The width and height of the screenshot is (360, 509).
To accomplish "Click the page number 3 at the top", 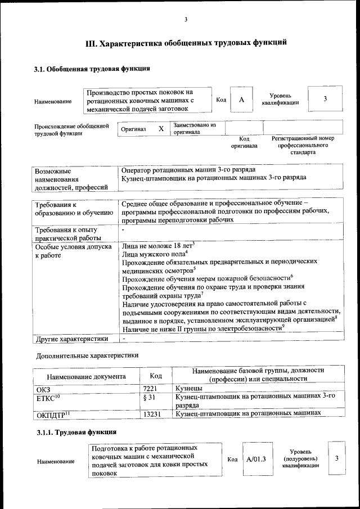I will (x=186, y=21).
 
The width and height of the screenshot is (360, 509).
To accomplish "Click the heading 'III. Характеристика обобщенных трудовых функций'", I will (x=186, y=43).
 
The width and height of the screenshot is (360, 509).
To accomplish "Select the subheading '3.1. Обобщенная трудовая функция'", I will (x=92, y=69).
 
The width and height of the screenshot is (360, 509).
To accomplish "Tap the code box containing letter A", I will (x=241, y=100).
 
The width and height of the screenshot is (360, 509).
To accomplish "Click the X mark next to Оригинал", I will (x=161, y=129).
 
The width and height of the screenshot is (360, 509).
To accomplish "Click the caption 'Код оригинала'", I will (x=244, y=142).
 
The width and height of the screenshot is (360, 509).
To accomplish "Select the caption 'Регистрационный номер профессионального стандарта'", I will (x=303, y=145).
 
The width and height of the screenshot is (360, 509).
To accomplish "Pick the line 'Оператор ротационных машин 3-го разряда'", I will (x=188, y=169).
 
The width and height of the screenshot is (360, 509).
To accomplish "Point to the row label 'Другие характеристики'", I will (x=71, y=339).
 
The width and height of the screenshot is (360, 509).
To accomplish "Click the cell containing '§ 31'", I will (x=149, y=397).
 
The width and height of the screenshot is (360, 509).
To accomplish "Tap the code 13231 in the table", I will (x=152, y=414).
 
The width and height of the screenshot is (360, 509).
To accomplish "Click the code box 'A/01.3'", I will (x=256, y=459).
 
